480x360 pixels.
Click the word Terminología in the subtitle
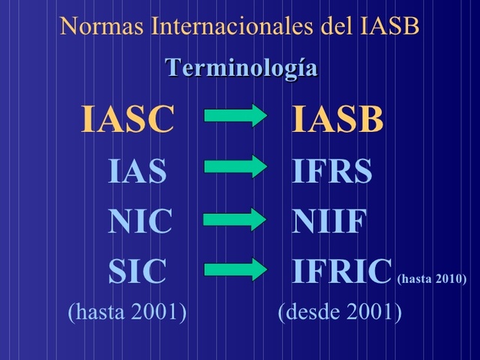(x=241, y=68)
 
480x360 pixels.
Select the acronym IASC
(x=127, y=120)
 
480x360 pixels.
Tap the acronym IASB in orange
(x=337, y=120)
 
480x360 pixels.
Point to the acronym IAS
(x=137, y=172)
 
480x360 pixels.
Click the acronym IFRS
(x=331, y=172)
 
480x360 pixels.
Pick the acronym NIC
(x=139, y=222)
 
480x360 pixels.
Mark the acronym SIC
(x=137, y=272)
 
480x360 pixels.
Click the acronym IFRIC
(x=342, y=272)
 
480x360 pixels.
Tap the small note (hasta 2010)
(x=431, y=279)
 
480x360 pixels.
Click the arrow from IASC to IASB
(x=235, y=115)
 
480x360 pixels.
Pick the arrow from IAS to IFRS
(x=235, y=166)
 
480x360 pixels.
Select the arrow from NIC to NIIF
(x=235, y=219)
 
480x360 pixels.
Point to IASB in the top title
(x=388, y=26)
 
